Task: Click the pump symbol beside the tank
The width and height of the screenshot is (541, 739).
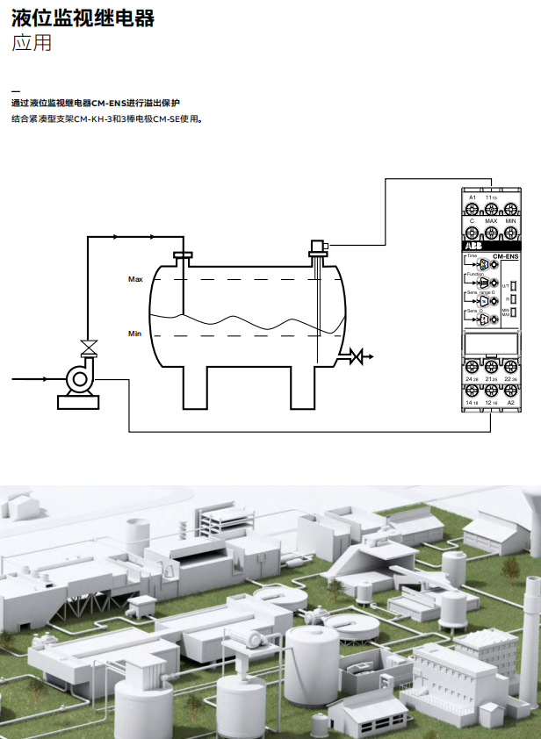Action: (79, 378)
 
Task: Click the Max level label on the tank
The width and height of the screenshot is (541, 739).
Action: (135, 279)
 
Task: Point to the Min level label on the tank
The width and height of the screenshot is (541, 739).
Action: (134, 334)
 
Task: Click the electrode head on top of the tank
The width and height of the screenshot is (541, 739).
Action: (316, 247)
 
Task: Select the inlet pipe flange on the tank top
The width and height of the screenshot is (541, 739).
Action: (183, 255)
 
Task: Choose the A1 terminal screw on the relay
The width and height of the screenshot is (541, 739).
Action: (472, 209)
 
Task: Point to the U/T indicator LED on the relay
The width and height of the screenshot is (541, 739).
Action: (514, 285)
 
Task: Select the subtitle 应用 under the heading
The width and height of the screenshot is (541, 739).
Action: (32, 42)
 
